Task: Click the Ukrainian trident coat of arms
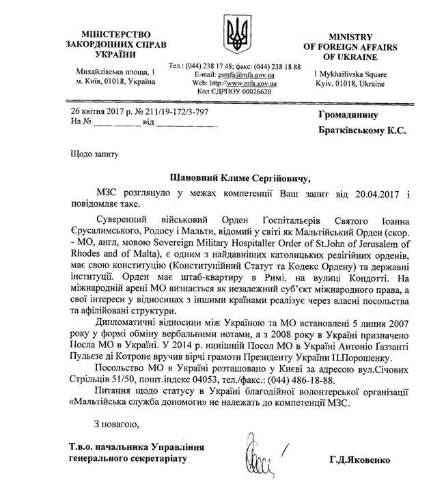tap(238, 35)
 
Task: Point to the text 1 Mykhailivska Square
tap(348, 73)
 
